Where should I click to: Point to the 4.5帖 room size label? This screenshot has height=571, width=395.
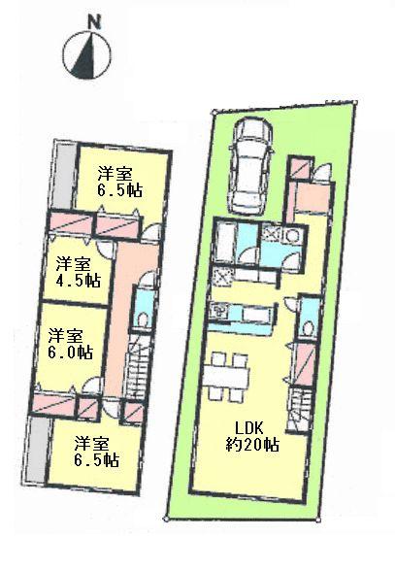[79, 281]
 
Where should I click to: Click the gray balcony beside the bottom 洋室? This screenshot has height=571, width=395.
[36, 453]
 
